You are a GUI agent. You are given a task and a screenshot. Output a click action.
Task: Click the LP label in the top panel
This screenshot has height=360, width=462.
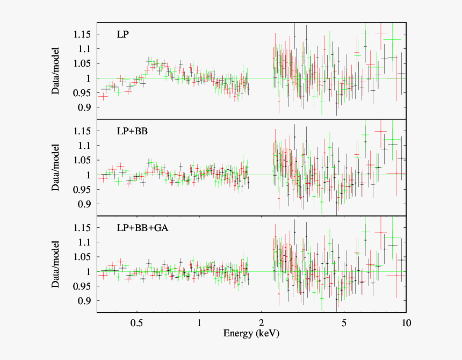(x=122, y=35)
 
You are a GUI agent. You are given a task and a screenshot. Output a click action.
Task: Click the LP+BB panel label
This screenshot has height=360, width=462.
(x=131, y=131)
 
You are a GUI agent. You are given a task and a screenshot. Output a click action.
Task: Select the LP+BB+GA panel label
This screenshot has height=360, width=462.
(x=143, y=228)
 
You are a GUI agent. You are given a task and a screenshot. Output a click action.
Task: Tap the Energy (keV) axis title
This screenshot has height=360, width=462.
(x=251, y=334)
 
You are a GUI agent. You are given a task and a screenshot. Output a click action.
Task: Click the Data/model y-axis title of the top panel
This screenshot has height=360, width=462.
(x=56, y=71)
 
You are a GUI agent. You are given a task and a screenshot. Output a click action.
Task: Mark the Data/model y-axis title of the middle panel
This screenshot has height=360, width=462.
(x=56, y=168)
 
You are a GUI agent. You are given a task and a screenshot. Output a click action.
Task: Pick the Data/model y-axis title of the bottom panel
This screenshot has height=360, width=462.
(x=56, y=264)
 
